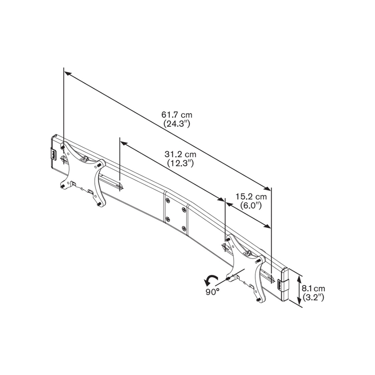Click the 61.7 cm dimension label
pyautogui.click(x=177, y=115)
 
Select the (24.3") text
pyautogui.click(x=177, y=124)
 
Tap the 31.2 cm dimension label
pyautogui.click(x=180, y=154)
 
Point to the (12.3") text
pyautogui.click(x=180, y=163)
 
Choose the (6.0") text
pyautogui.click(x=251, y=206)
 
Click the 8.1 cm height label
pyautogui.click(x=313, y=288)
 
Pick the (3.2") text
pyautogui.click(x=313, y=297)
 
